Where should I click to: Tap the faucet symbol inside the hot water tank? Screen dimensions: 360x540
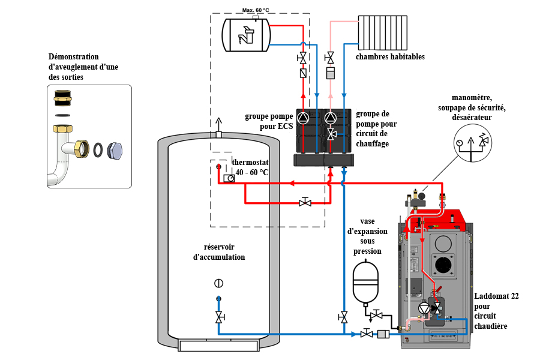[247, 37]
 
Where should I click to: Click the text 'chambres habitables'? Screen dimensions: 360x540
[390, 57]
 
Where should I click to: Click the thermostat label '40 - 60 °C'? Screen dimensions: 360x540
[252, 172]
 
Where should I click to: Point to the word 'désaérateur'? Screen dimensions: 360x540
[472, 117]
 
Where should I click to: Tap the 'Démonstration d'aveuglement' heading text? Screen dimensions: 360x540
[83, 57]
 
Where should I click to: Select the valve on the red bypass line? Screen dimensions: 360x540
[305, 202]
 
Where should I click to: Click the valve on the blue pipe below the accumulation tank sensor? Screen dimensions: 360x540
[219, 316]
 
